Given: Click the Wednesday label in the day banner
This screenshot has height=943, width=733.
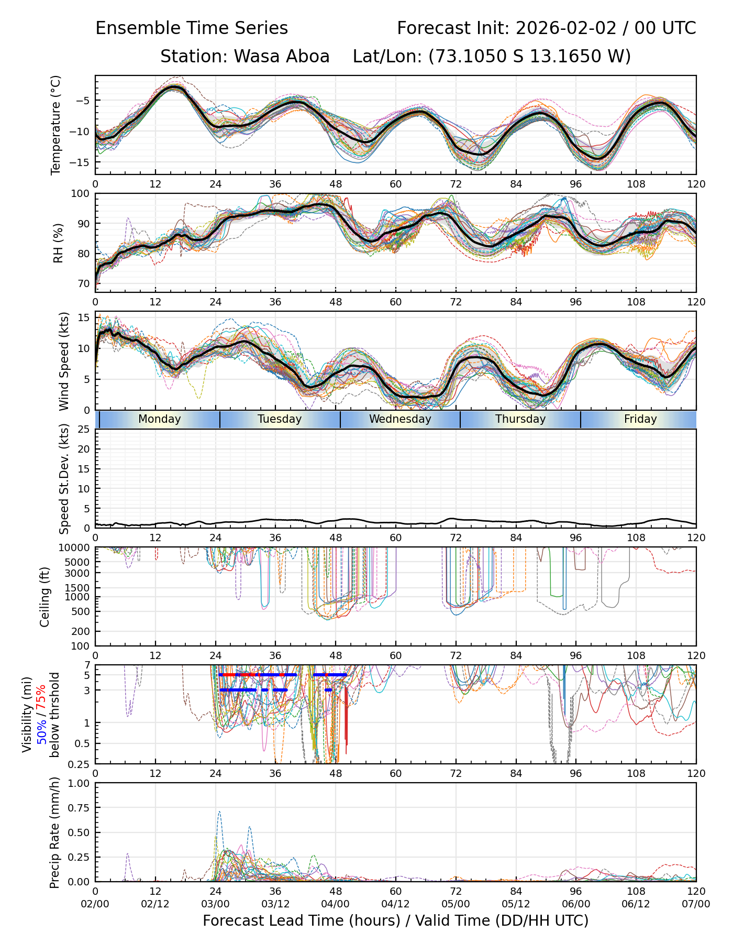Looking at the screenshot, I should point(400,419).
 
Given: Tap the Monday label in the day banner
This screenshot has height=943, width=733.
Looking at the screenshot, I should point(160,419).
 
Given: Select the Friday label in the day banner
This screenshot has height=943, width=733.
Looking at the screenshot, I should point(640,419).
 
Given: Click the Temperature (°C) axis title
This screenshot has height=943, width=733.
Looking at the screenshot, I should point(56,125).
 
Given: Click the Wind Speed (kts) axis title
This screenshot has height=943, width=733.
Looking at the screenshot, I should point(64,361).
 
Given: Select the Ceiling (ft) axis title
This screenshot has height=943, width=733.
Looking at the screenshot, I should point(45,597).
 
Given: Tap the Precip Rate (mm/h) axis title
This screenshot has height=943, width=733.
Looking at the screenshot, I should point(54,832).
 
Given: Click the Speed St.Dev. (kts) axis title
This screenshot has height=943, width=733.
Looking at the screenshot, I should point(64,478).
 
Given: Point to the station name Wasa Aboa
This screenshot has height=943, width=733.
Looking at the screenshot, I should point(281,56).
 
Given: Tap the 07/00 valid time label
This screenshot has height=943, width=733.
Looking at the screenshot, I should point(696,904).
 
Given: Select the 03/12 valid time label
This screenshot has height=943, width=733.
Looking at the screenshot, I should point(275,904).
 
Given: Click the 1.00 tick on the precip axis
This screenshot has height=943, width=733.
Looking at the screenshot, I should point(79,783).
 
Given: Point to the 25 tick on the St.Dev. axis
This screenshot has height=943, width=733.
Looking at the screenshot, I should point(83,429).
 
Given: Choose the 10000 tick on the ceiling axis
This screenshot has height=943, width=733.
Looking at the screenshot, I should point(76,548).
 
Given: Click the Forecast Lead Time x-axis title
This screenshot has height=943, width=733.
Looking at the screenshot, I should point(395,920).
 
